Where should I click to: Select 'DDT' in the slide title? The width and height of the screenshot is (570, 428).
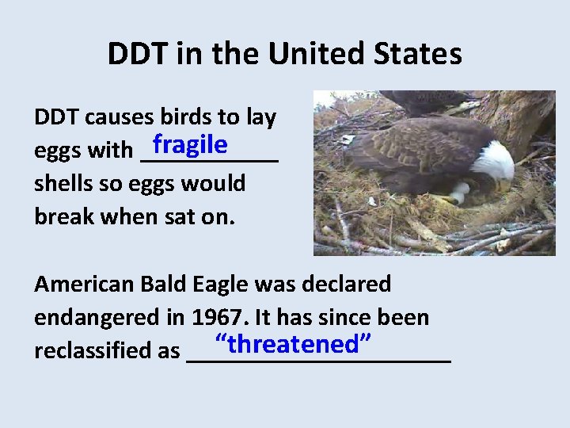[x=135, y=54]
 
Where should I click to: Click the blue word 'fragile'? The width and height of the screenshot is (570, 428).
[x=191, y=145]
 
